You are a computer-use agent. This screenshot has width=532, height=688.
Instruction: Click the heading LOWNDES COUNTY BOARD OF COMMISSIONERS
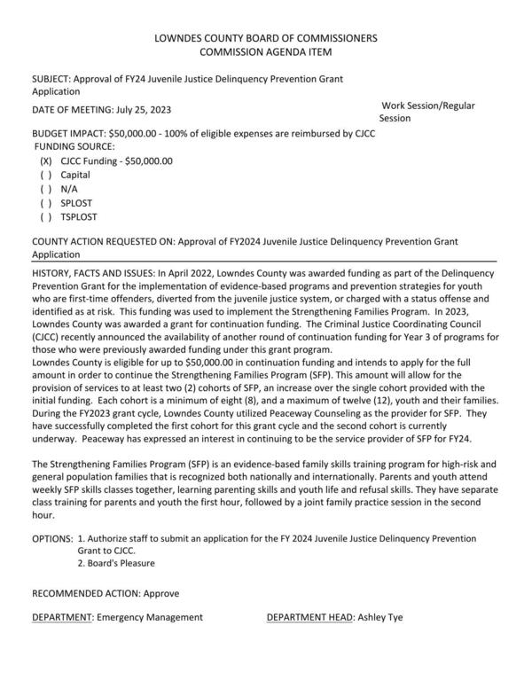[x=265, y=38]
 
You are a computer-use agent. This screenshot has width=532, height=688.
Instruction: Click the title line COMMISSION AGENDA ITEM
[x=265, y=52]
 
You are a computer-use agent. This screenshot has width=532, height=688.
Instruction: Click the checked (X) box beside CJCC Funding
[x=46, y=161]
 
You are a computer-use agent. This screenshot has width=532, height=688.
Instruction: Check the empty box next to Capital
[x=46, y=176]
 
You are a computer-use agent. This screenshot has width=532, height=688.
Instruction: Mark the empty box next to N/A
[x=46, y=190]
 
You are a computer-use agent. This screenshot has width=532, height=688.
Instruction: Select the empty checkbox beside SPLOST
[x=46, y=203]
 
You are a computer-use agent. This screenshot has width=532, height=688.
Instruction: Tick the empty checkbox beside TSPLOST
[x=46, y=217]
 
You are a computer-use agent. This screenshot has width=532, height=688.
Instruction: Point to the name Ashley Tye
[x=380, y=617]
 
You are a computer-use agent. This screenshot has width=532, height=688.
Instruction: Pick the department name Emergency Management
[x=150, y=617]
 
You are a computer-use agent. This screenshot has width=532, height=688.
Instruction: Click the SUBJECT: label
[x=52, y=80]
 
